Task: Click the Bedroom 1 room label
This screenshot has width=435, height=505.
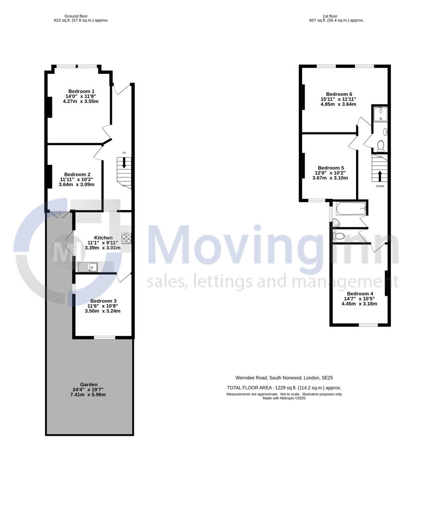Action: (81, 91)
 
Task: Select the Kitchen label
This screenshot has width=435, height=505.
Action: (103, 238)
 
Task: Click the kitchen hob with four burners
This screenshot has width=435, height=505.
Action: (127, 239)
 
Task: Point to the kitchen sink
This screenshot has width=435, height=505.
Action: (87, 267)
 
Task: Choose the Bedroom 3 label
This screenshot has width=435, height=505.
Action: (103, 301)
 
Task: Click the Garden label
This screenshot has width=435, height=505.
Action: (88, 385)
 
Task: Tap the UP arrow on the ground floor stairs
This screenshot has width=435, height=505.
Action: (124, 163)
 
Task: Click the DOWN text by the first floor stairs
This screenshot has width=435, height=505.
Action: (380, 186)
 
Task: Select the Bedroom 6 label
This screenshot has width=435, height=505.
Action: (339, 94)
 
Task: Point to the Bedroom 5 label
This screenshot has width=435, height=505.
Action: (331, 168)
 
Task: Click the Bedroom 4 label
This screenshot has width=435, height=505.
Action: (360, 293)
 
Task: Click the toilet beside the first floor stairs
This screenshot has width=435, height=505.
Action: (380, 145)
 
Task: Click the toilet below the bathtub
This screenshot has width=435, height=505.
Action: (339, 236)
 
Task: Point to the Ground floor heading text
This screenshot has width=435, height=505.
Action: (76, 16)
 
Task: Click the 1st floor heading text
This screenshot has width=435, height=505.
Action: (336, 16)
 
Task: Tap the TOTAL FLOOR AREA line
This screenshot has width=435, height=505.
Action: (284, 388)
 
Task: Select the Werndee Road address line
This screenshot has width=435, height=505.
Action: (284, 378)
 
